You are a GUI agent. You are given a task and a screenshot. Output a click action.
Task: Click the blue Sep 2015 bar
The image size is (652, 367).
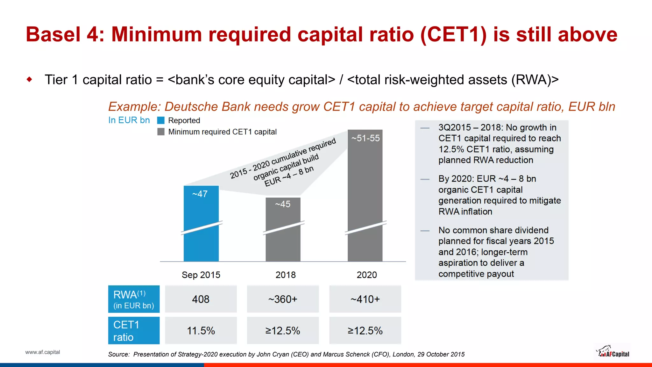(201, 242)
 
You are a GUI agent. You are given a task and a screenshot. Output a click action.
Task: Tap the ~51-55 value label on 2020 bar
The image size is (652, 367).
(365, 138)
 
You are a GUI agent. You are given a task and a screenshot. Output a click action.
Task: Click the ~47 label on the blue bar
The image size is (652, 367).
(200, 194)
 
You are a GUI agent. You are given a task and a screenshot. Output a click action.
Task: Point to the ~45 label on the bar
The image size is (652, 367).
(283, 204)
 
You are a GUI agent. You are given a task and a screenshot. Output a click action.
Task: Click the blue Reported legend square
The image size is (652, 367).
(161, 120)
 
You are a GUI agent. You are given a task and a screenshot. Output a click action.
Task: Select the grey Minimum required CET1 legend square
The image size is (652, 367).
(161, 132)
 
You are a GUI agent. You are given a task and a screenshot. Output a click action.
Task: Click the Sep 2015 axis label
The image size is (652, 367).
(201, 275)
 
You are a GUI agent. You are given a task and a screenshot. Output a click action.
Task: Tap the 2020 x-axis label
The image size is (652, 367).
(366, 275)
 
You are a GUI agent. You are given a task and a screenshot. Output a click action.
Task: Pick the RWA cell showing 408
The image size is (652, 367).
(201, 299)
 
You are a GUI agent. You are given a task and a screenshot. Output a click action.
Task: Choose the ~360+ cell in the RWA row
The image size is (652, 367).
(283, 299)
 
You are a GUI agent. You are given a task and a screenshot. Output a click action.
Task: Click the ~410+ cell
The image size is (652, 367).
(365, 299)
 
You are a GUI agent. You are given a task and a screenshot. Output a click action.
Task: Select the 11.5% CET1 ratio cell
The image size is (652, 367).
(201, 331)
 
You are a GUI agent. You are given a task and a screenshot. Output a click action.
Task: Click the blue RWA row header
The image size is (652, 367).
(134, 299)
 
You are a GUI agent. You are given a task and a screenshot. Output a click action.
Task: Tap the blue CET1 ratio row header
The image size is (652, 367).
(134, 331)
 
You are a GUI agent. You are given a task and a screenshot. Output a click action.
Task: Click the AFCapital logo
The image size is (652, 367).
(613, 352)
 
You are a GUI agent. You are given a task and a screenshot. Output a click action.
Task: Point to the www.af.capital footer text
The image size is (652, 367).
(42, 352)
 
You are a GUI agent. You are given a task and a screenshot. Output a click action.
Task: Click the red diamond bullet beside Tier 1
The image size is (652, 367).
(30, 79)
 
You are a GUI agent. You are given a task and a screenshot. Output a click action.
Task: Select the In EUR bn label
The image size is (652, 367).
(129, 120)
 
